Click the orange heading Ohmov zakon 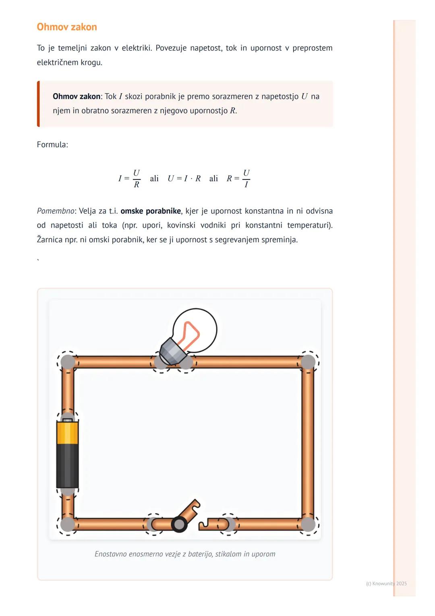coord(67,27)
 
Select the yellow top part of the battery coord(67,433)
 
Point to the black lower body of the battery coord(67,466)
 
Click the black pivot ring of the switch coord(179,524)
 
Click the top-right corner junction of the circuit coord(308,362)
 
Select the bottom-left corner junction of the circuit coord(68,524)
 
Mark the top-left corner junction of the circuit coord(68,362)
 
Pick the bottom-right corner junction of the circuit coord(308,524)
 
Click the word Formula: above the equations coord(52,145)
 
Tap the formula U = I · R coord(184,179)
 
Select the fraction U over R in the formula coord(136,179)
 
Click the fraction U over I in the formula coord(246,179)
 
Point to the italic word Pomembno coord(56,211)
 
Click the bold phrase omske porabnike coord(151,211)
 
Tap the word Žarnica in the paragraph coord(50,240)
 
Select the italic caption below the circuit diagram coord(185,554)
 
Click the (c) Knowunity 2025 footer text coord(386,583)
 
